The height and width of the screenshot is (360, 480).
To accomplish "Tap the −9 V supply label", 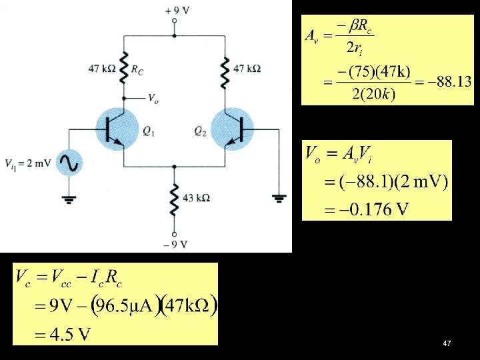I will (174, 244).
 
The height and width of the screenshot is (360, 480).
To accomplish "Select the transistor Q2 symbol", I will (231, 129).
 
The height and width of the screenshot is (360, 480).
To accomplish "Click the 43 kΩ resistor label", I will (197, 197).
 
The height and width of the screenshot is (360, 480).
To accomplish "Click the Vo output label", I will (153, 101).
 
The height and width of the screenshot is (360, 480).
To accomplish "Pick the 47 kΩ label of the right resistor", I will (247, 68).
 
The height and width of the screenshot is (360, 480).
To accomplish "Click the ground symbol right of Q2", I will (278, 197).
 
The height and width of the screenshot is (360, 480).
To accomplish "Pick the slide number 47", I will (447, 343).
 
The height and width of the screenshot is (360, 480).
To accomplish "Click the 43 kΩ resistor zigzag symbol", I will (174, 197).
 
